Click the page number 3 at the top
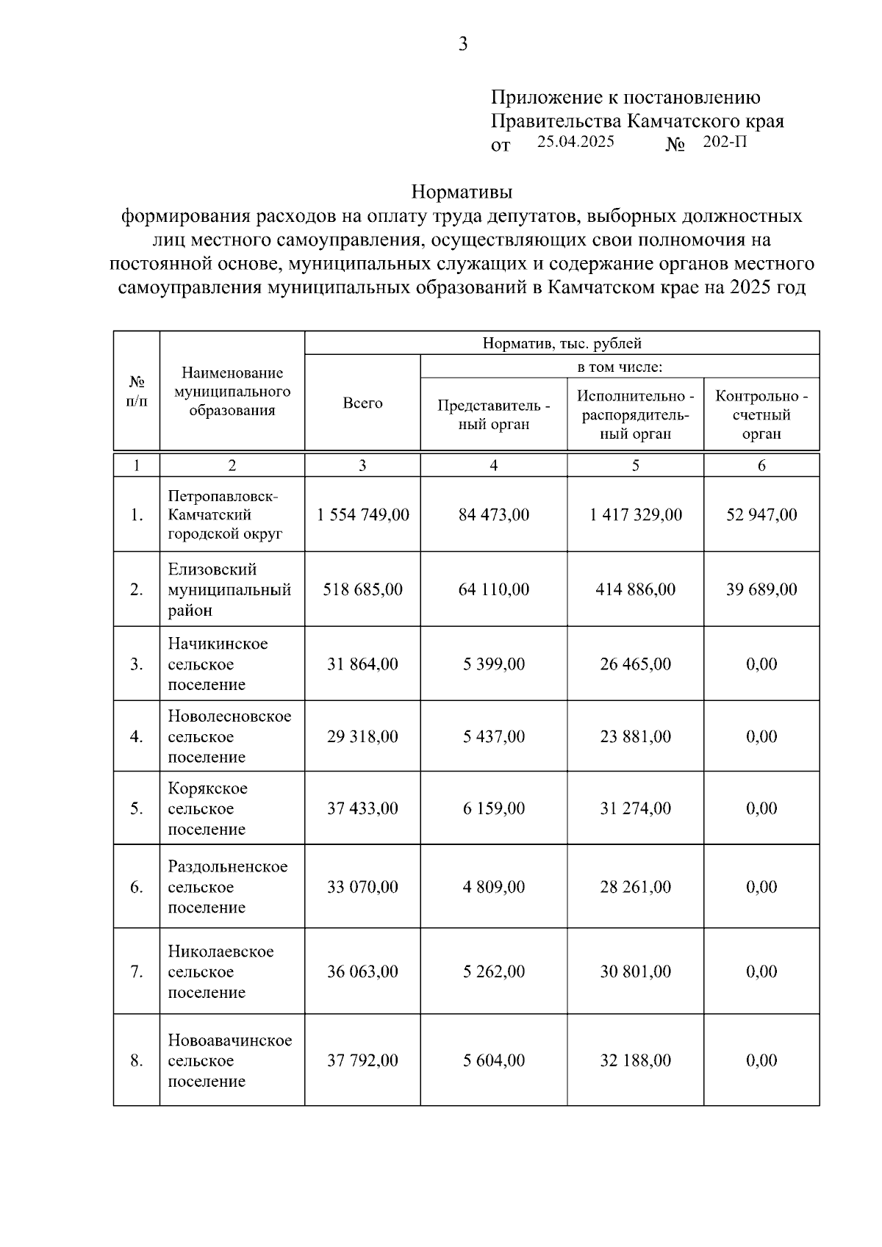point(462,45)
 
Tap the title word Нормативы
point(462,193)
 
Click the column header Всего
point(362,403)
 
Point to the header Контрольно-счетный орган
point(761,415)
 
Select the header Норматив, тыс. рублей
point(562,343)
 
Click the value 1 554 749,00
point(362,514)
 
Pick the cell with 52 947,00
point(761,514)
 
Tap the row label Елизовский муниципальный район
point(229,589)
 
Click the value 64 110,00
point(493,589)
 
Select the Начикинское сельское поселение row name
point(218,664)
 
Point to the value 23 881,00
point(635,736)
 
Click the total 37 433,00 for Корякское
point(362,808)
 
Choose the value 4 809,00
point(493,887)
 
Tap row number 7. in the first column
point(137,971)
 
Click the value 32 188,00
point(635,1060)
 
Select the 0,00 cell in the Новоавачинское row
point(761,1060)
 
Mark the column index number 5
point(635,465)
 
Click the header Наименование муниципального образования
point(232,392)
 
